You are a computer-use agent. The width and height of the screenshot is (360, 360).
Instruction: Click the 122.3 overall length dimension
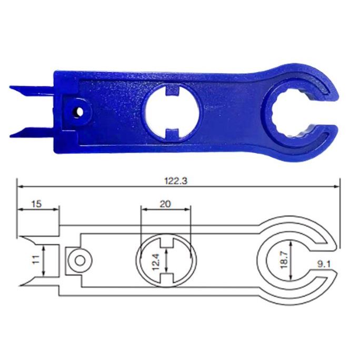tap(176, 181)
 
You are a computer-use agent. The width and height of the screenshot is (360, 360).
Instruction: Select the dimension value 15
tap(36, 204)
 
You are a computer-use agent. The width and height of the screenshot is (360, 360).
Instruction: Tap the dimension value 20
tap(166, 204)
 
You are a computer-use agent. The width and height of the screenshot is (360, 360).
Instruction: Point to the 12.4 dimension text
tap(156, 261)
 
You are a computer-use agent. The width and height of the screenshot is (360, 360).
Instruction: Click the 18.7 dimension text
tap(284, 259)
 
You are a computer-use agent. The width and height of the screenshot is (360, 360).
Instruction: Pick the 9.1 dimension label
tap(324, 265)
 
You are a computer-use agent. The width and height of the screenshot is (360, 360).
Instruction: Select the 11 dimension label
tap(36, 260)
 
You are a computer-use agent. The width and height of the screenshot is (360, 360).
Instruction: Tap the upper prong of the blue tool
tap(32, 90)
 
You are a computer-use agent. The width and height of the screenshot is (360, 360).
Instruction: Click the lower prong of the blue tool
tap(32, 133)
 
